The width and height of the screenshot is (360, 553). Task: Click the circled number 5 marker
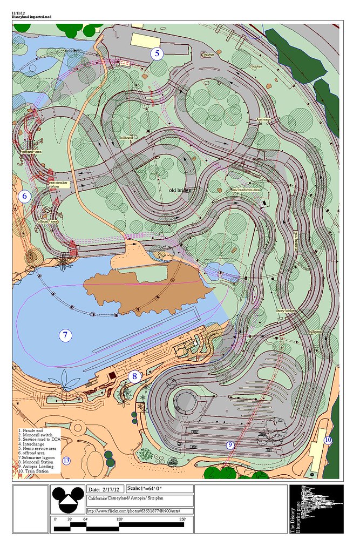157,53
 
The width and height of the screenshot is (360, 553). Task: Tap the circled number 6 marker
25,197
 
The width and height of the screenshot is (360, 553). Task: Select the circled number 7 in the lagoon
65,335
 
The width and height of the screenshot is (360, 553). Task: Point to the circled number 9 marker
230,445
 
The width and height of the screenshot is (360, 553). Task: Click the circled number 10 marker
328,440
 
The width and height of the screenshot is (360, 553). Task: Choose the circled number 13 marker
66,461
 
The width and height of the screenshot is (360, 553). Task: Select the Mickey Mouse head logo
67,500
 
